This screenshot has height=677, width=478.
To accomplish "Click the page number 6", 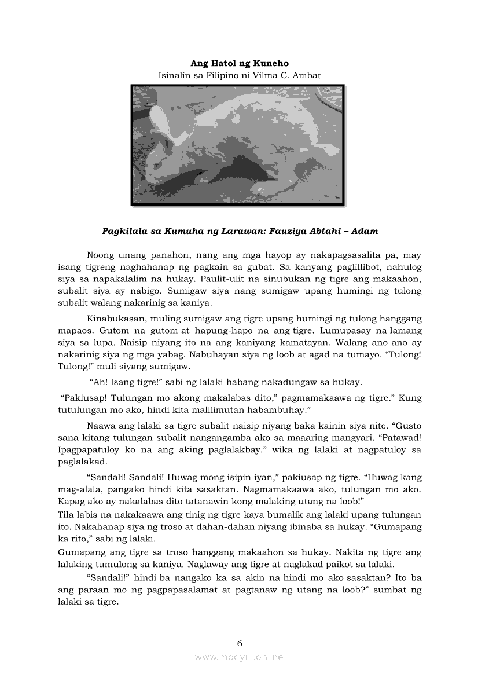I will click(240, 643).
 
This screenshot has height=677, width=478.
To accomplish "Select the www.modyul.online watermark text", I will click(239, 657).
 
